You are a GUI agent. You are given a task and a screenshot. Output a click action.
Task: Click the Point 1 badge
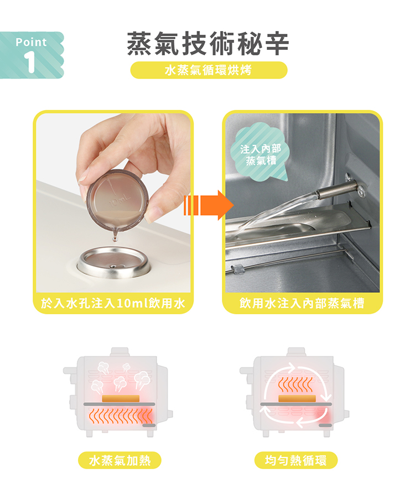point(32,55)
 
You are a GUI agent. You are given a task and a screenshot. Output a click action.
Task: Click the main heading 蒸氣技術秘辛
point(208,44)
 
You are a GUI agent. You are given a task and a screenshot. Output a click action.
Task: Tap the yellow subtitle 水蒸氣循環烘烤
point(209,70)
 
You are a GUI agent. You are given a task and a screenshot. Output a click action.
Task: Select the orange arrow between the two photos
point(209,205)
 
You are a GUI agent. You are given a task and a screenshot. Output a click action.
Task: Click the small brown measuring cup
point(117,201)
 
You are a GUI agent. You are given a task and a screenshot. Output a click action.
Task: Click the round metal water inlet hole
point(113,262)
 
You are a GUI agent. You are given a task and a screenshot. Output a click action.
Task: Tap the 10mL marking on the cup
point(120,200)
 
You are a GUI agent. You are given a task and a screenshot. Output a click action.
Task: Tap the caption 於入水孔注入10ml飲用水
point(113,304)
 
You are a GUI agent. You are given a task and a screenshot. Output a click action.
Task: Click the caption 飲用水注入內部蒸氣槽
point(302,304)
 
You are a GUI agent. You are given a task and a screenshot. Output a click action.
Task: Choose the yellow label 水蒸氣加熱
point(120,460)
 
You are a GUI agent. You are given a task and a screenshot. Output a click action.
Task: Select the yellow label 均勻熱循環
point(296,460)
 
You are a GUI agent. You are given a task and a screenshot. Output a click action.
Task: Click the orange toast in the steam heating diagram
point(121,398)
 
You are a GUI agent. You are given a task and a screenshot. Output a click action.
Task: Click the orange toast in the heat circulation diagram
point(297,398)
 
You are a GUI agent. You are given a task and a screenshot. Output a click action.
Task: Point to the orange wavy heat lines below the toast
point(121,417)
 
